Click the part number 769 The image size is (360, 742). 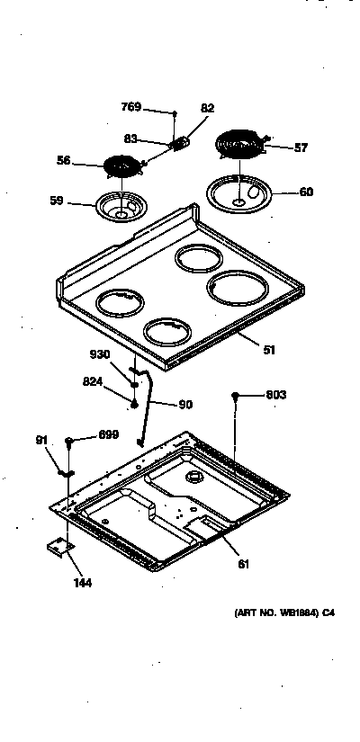tap(131, 107)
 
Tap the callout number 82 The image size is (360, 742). tap(208, 109)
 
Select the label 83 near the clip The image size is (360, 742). tap(130, 139)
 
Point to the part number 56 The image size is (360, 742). tap(64, 161)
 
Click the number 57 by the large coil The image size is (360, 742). tap(301, 148)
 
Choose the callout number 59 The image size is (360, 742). tap(56, 201)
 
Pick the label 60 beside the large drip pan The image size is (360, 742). tap(306, 192)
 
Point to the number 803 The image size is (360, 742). tap(276, 395)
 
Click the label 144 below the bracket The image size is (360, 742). tap(82, 582)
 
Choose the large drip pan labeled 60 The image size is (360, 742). tap(238, 193)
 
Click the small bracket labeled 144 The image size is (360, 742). tap(58, 548)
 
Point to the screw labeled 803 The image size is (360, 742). tap(235, 395)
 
